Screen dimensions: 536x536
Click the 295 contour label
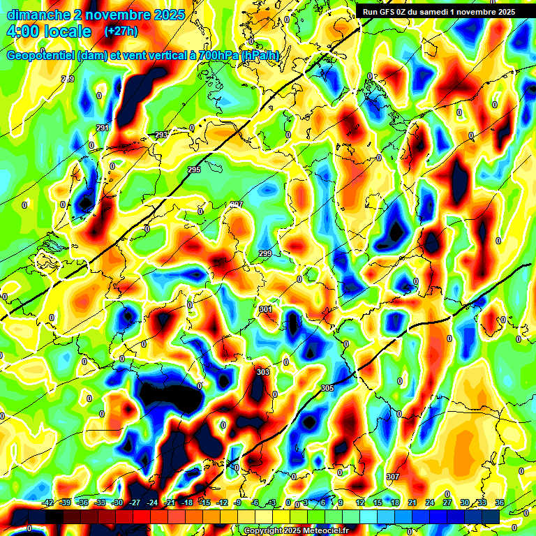tap(194, 170)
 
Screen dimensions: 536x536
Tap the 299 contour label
tap(265, 253)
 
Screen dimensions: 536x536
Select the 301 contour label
tap(265, 308)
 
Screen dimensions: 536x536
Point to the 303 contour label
tap(262, 372)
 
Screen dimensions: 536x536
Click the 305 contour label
tap(327, 388)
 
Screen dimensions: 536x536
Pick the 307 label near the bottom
tap(393, 477)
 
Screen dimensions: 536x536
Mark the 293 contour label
tap(161, 135)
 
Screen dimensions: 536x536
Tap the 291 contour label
tap(103, 128)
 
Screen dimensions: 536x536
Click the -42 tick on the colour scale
tap(49, 502)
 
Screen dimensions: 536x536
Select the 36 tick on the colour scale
tap(500, 502)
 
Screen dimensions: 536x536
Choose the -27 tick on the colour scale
tap(135, 502)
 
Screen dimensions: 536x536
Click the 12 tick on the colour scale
tap(360, 502)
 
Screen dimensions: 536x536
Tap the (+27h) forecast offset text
tap(121, 31)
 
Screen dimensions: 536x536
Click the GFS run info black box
tap(438, 12)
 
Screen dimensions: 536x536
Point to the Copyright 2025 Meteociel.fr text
tap(297, 530)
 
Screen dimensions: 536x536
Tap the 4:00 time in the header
tap(24, 31)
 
